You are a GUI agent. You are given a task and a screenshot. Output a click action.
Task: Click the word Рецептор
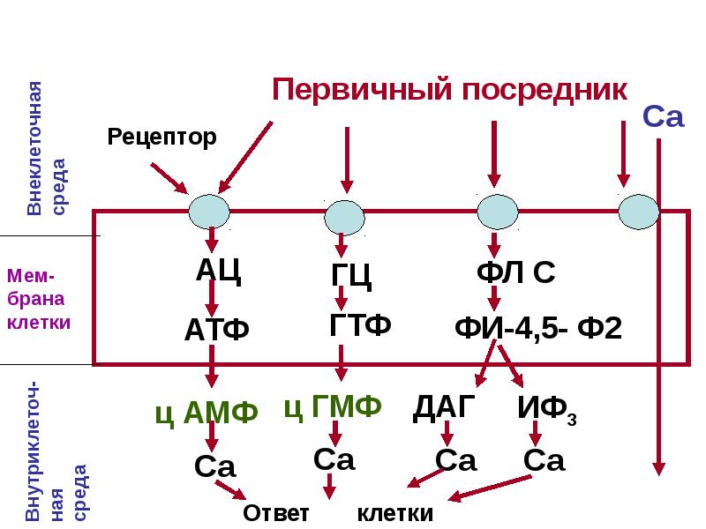point(161,137)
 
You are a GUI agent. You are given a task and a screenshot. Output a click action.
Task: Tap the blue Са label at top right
point(664,116)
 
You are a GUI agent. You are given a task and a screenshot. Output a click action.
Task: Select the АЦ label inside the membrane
point(218,270)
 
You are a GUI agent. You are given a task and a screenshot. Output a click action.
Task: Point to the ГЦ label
point(351,274)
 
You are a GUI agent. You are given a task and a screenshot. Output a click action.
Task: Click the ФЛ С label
point(516,272)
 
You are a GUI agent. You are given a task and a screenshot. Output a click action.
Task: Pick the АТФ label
point(216,329)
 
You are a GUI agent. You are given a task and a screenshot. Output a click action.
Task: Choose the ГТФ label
point(360,324)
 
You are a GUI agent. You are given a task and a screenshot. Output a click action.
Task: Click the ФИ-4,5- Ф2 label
point(538,328)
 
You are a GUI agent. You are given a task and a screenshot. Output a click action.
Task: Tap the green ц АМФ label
point(207,412)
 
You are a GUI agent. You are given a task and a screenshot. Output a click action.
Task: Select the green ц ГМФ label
point(333,406)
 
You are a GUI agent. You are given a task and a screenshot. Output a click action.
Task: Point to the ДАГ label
point(444,407)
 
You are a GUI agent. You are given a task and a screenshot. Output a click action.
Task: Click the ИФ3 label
point(547,409)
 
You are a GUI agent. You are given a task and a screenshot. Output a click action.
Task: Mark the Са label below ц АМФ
point(215,466)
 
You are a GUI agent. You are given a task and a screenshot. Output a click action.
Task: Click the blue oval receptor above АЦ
point(209,212)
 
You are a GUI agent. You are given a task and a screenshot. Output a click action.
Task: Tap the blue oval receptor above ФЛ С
point(498,212)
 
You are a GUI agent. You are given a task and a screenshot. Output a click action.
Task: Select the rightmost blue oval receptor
point(639,212)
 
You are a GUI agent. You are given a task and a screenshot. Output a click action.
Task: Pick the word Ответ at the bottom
point(276,513)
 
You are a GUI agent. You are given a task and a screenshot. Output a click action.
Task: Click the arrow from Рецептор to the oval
point(169,179)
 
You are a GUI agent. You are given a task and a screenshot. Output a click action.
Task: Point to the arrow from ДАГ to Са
point(447,433)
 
